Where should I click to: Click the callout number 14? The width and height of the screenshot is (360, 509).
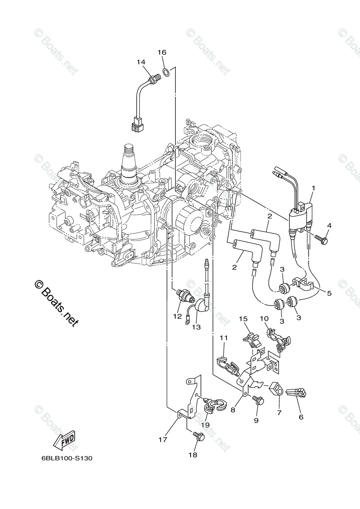click(x=141, y=62)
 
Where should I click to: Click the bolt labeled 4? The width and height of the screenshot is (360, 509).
click(x=323, y=241)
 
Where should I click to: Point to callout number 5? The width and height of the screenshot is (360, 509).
click(x=329, y=293)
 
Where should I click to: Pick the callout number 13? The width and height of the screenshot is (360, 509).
click(x=196, y=327)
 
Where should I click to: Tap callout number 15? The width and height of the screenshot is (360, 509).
click(x=242, y=318)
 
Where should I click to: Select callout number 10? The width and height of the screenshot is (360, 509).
click(x=264, y=318)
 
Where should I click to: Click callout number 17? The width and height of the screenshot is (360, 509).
click(x=163, y=440)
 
